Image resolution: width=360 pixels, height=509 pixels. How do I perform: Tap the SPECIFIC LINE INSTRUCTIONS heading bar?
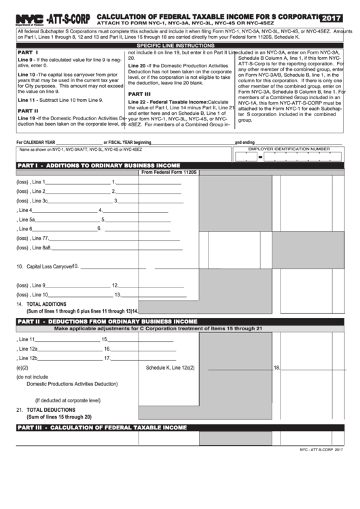tap(179, 45)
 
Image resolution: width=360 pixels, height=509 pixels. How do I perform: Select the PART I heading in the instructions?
tap(28, 52)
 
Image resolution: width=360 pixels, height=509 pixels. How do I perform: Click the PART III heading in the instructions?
tap(139, 94)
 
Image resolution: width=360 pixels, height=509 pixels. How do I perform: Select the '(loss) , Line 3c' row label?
tap(32, 201)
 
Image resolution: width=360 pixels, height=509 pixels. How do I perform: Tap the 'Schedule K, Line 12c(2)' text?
tap(170, 368)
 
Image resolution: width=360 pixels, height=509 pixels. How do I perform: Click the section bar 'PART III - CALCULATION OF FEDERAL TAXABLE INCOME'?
tap(101, 427)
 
